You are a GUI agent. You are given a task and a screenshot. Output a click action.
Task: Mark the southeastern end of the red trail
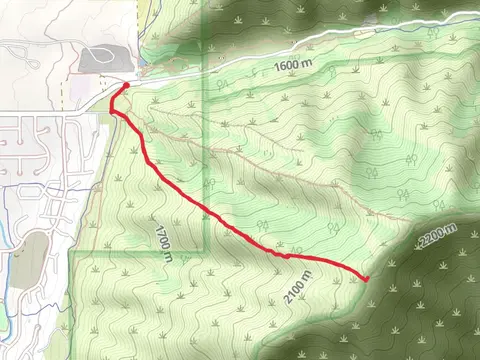pos(365,278)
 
